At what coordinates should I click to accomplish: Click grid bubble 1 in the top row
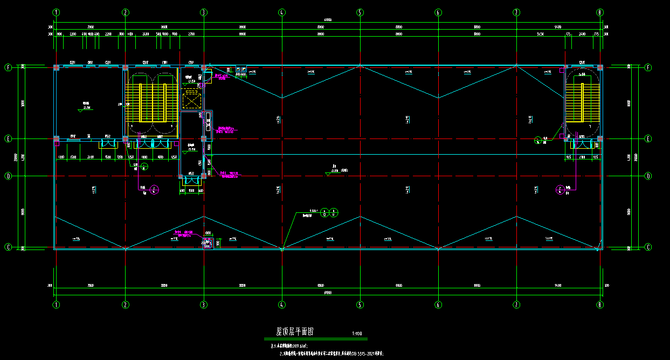click(56, 12)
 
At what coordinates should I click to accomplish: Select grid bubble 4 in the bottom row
click(281, 304)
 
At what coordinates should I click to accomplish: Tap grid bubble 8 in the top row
click(600, 12)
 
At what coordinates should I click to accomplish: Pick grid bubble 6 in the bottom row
click(438, 304)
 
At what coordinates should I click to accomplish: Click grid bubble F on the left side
click(8, 67)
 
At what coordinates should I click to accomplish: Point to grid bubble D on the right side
click(648, 176)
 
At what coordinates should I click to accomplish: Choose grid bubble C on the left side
click(8, 247)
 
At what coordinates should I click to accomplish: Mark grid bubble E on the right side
click(648, 139)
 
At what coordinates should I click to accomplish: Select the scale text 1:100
click(357, 334)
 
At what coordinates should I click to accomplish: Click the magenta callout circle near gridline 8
click(561, 189)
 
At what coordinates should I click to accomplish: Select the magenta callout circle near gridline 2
click(155, 189)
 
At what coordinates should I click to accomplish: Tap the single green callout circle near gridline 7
click(537, 141)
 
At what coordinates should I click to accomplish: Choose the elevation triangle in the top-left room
click(81, 110)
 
